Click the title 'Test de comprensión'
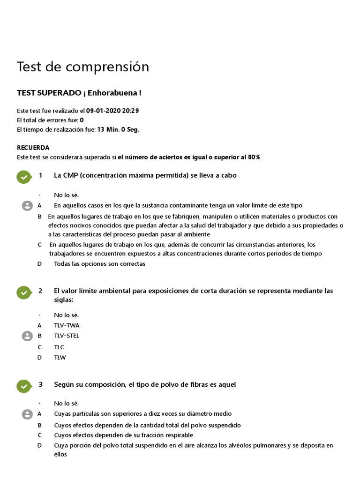[83, 67]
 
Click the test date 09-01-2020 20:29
[112, 111]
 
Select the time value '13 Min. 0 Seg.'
[118, 129]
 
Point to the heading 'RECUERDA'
[33, 148]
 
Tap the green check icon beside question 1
[23, 177]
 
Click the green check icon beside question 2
[23, 292]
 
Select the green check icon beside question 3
[23, 386]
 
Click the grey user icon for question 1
[27, 205]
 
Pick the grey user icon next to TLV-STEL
[27, 336]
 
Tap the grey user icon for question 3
[27, 414]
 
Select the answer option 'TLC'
[59, 347]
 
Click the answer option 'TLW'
[60, 358]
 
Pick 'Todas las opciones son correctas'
[100, 264]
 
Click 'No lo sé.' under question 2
[67, 315]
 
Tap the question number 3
[40, 384]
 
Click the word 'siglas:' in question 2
[64, 300]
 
